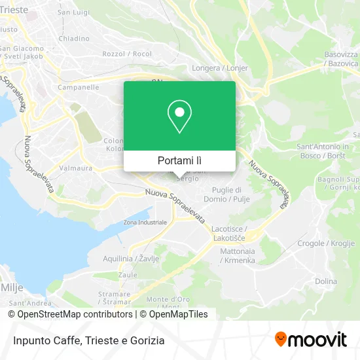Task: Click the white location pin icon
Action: click(x=179, y=117)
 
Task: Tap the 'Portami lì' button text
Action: click(x=179, y=160)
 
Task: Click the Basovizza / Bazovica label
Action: click(x=341, y=58)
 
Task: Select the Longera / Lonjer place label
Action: click(x=213, y=67)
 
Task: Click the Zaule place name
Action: click(x=128, y=276)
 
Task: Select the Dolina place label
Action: click(x=326, y=281)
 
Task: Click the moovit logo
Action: click(x=311, y=340)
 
